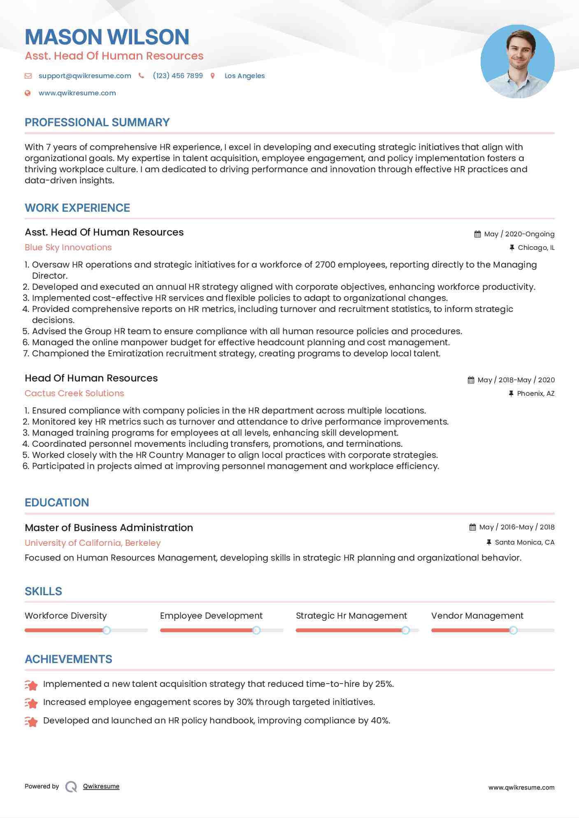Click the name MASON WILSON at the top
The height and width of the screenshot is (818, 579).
pos(107,37)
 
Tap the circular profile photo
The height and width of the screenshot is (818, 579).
pos(517,62)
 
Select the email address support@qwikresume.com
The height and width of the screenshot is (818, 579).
pos(85,76)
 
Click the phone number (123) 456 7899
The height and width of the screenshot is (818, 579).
pos(178,76)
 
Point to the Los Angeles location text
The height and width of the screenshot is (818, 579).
pos(244,76)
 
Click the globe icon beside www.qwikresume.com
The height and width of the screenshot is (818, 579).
pos(28,93)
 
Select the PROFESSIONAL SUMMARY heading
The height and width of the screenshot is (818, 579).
pos(97,122)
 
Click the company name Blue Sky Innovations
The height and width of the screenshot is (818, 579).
pos(68,247)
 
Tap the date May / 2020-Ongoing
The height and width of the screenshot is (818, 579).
pos(519,234)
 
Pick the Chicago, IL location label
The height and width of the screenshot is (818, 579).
pos(536,247)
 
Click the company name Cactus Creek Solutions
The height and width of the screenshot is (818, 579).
pos(74,393)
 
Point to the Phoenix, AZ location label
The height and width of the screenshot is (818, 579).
pos(535,393)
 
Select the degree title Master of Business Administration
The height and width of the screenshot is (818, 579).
pos(109,528)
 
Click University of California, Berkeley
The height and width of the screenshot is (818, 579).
pos(93,543)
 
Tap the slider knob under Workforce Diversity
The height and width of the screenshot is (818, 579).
pos(107,630)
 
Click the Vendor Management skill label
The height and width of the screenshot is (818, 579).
pos(477,616)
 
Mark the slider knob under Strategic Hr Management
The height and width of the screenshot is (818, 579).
pos(405,630)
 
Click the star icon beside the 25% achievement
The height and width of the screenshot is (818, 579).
pos(31,685)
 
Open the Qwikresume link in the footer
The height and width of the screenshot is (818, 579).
pos(101,786)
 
